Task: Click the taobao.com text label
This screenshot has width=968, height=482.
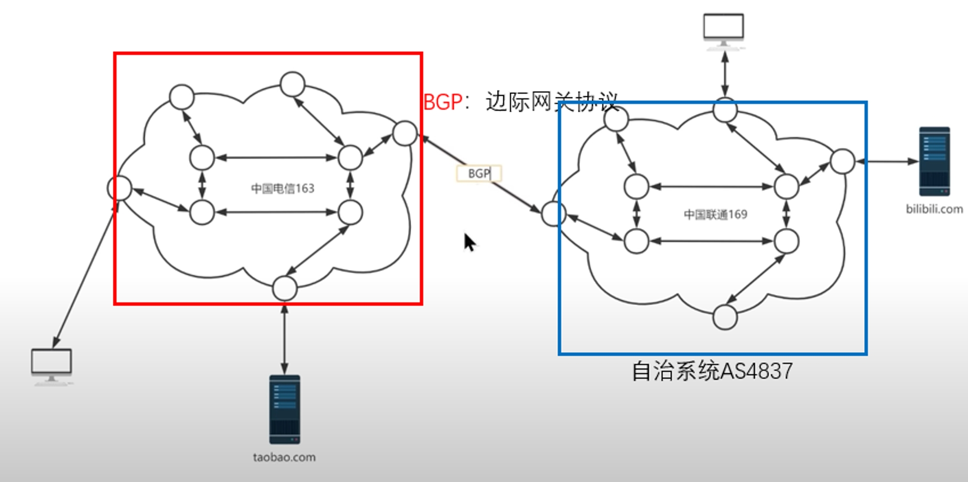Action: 284,457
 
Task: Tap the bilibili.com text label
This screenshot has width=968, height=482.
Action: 934,209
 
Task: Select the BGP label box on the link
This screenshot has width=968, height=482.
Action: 479,173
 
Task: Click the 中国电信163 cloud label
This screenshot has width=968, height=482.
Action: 283,188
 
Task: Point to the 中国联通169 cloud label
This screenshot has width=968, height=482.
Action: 715,214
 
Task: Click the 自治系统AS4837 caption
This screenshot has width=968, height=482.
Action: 712,372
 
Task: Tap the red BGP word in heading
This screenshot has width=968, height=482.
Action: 443,102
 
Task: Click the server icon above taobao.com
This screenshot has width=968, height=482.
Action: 285,409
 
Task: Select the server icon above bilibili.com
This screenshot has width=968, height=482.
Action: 934,161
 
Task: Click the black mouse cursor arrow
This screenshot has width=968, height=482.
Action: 469,242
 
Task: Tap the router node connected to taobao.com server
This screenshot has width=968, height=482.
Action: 285,288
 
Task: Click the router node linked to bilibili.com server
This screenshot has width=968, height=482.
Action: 842,161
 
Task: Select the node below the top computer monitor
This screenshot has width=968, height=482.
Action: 725,110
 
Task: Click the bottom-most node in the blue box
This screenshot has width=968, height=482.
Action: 725,317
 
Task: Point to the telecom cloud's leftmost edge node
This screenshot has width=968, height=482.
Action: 120,188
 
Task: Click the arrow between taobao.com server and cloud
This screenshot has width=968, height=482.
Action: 285,339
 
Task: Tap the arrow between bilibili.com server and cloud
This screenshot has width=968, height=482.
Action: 887,161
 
